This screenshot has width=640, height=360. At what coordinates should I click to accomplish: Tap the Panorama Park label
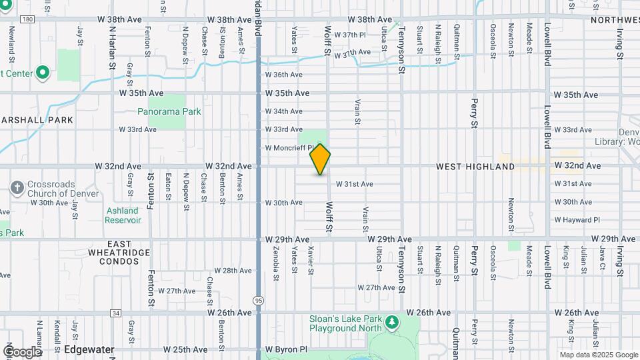point(169,111)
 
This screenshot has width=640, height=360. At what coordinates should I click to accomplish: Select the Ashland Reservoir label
point(123,215)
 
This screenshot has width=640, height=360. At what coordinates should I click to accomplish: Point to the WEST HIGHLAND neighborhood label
point(475,166)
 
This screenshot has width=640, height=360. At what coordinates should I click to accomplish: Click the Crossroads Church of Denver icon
point(17,188)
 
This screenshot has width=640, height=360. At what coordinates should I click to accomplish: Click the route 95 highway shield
point(258,301)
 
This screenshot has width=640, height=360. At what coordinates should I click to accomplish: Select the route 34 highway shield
point(116,313)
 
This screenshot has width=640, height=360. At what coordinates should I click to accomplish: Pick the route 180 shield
point(27,19)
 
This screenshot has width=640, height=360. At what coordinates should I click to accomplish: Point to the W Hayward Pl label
point(577,219)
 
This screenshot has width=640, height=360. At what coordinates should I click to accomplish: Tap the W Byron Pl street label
point(286,349)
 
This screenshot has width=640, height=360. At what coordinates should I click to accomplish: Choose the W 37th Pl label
point(350,35)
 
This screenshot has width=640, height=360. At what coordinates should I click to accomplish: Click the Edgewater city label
point(89,349)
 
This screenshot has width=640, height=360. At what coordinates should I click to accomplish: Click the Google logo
point(22,351)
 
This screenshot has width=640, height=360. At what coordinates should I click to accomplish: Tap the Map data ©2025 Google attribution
point(598,355)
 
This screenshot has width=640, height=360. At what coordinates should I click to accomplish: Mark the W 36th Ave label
point(284,75)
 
